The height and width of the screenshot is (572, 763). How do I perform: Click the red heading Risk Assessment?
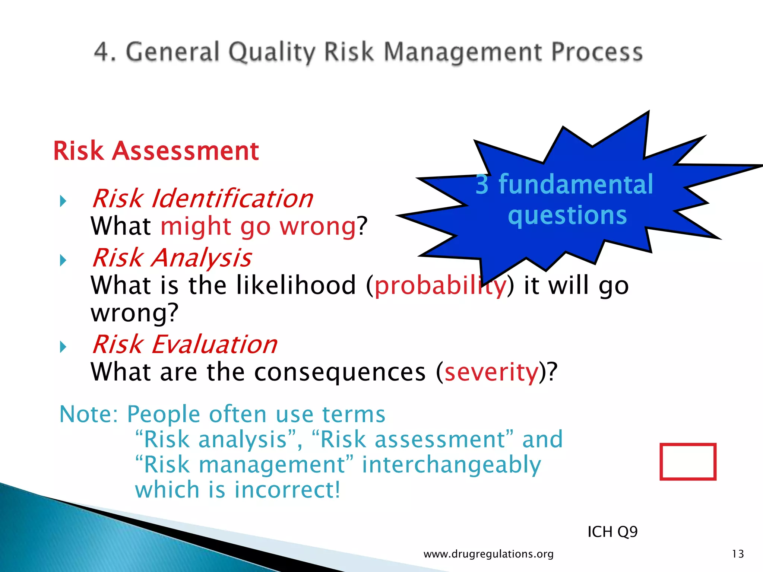(x=156, y=151)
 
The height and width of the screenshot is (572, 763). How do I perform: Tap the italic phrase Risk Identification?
(x=202, y=198)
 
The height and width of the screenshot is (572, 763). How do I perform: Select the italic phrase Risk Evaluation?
(x=184, y=344)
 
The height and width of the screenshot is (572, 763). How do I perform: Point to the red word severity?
(x=491, y=372)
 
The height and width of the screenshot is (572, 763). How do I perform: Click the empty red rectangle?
(x=688, y=461)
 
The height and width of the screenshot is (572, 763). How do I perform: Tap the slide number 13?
(x=738, y=554)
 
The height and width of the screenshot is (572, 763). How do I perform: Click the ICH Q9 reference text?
(x=612, y=532)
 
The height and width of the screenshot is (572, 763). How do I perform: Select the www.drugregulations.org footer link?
(x=488, y=554)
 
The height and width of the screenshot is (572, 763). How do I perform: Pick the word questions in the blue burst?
(x=567, y=215)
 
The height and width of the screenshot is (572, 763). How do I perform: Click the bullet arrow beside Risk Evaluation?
(x=63, y=347)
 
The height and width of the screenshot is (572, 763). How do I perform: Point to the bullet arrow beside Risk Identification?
(x=63, y=201)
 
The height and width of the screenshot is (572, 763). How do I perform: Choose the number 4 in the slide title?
(x=102, y=52)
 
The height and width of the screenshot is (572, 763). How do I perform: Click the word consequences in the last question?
(x=340, y=372)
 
